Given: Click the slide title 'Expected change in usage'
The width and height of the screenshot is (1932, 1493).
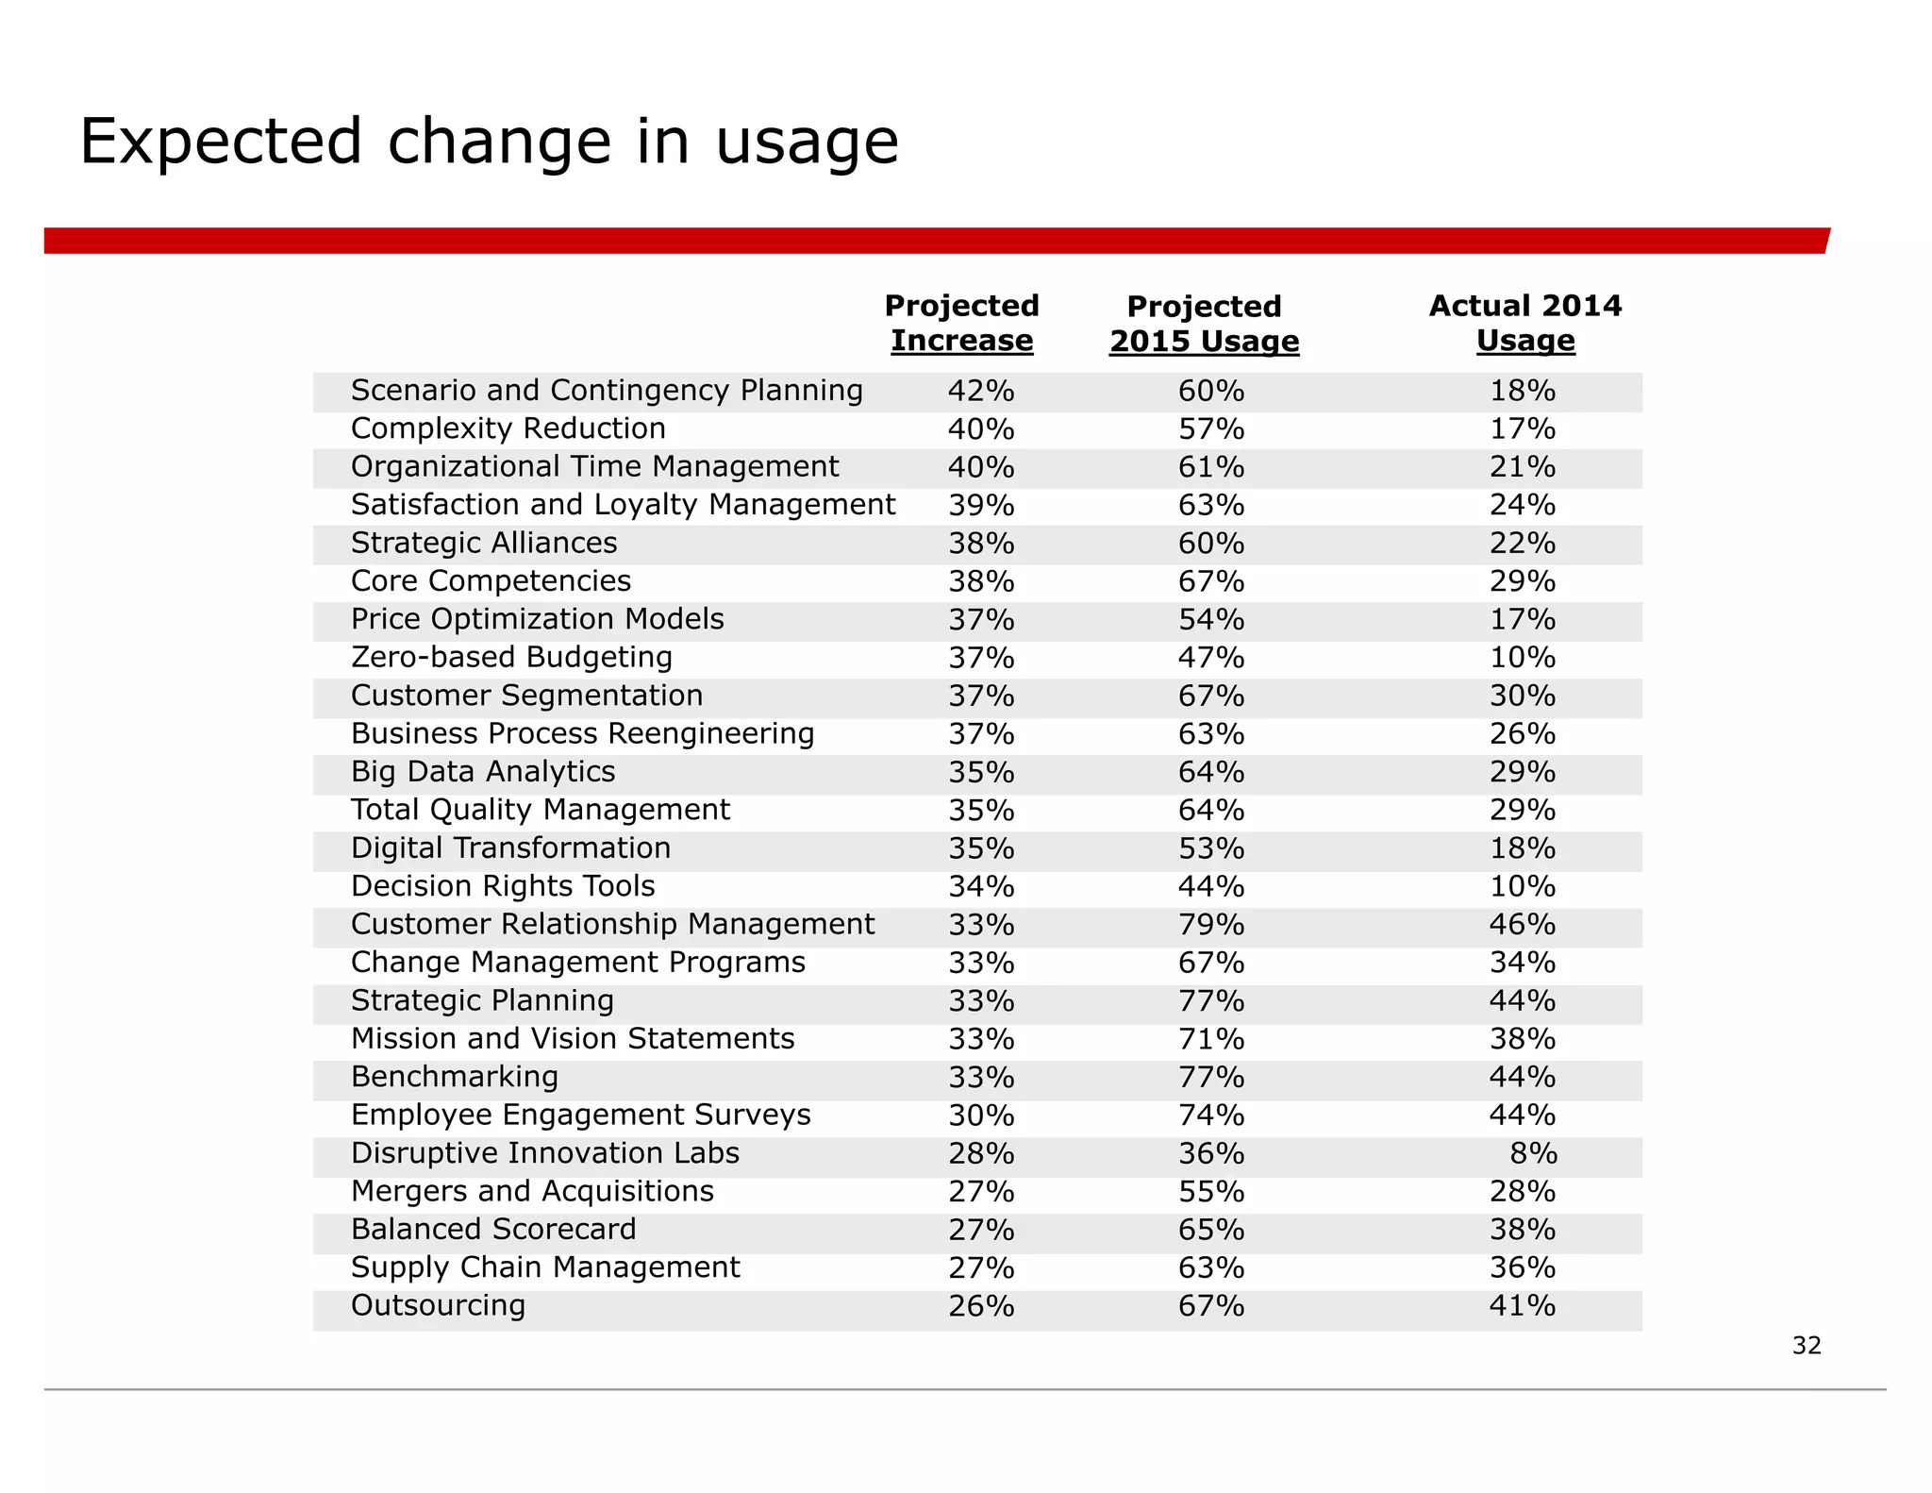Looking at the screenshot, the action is coord(489,142).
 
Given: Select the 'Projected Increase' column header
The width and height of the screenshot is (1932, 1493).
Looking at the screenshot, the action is coord(961,323).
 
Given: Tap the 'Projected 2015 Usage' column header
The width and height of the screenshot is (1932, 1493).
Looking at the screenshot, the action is coord(1204,324).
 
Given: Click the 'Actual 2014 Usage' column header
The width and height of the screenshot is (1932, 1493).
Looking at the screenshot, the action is coord(1524,323).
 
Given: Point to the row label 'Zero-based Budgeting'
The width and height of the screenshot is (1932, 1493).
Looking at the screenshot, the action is coord(511,657).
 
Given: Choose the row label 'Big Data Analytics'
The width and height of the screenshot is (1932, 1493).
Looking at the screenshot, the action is coord(483,771).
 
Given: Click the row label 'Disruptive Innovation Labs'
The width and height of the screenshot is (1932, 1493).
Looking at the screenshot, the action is coord(544,1152).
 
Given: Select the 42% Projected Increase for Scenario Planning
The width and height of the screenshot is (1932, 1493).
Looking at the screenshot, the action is coord(981,391).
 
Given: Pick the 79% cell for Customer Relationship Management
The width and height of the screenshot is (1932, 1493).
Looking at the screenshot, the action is coord(1210,924).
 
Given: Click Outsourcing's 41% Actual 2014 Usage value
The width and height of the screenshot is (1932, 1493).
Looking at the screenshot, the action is coord(1522,1305).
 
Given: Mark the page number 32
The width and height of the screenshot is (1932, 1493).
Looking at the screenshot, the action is coord(1806,1345).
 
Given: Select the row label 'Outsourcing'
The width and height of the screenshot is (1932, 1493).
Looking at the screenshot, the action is coord(438,1305).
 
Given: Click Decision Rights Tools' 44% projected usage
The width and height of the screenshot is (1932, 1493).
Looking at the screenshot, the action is coord(1210,886).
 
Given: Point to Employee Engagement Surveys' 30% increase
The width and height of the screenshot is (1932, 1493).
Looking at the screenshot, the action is coord(981,1116).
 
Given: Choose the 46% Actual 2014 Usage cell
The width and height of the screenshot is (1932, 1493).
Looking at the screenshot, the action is coord(1522,924).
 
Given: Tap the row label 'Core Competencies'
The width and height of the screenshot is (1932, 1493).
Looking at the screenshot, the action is coord(491,580).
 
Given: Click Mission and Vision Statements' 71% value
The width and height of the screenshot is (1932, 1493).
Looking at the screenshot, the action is coord(1210,1039).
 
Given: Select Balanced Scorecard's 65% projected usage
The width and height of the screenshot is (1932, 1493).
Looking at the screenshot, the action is coord(1210,1230).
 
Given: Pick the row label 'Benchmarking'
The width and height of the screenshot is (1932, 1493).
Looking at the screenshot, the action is coord(455,1077).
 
